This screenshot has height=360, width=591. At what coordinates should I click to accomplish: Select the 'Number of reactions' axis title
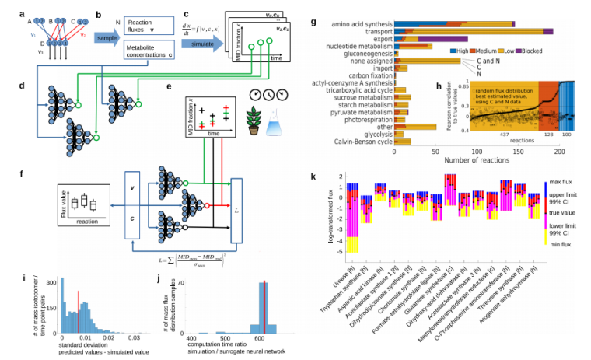476,162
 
